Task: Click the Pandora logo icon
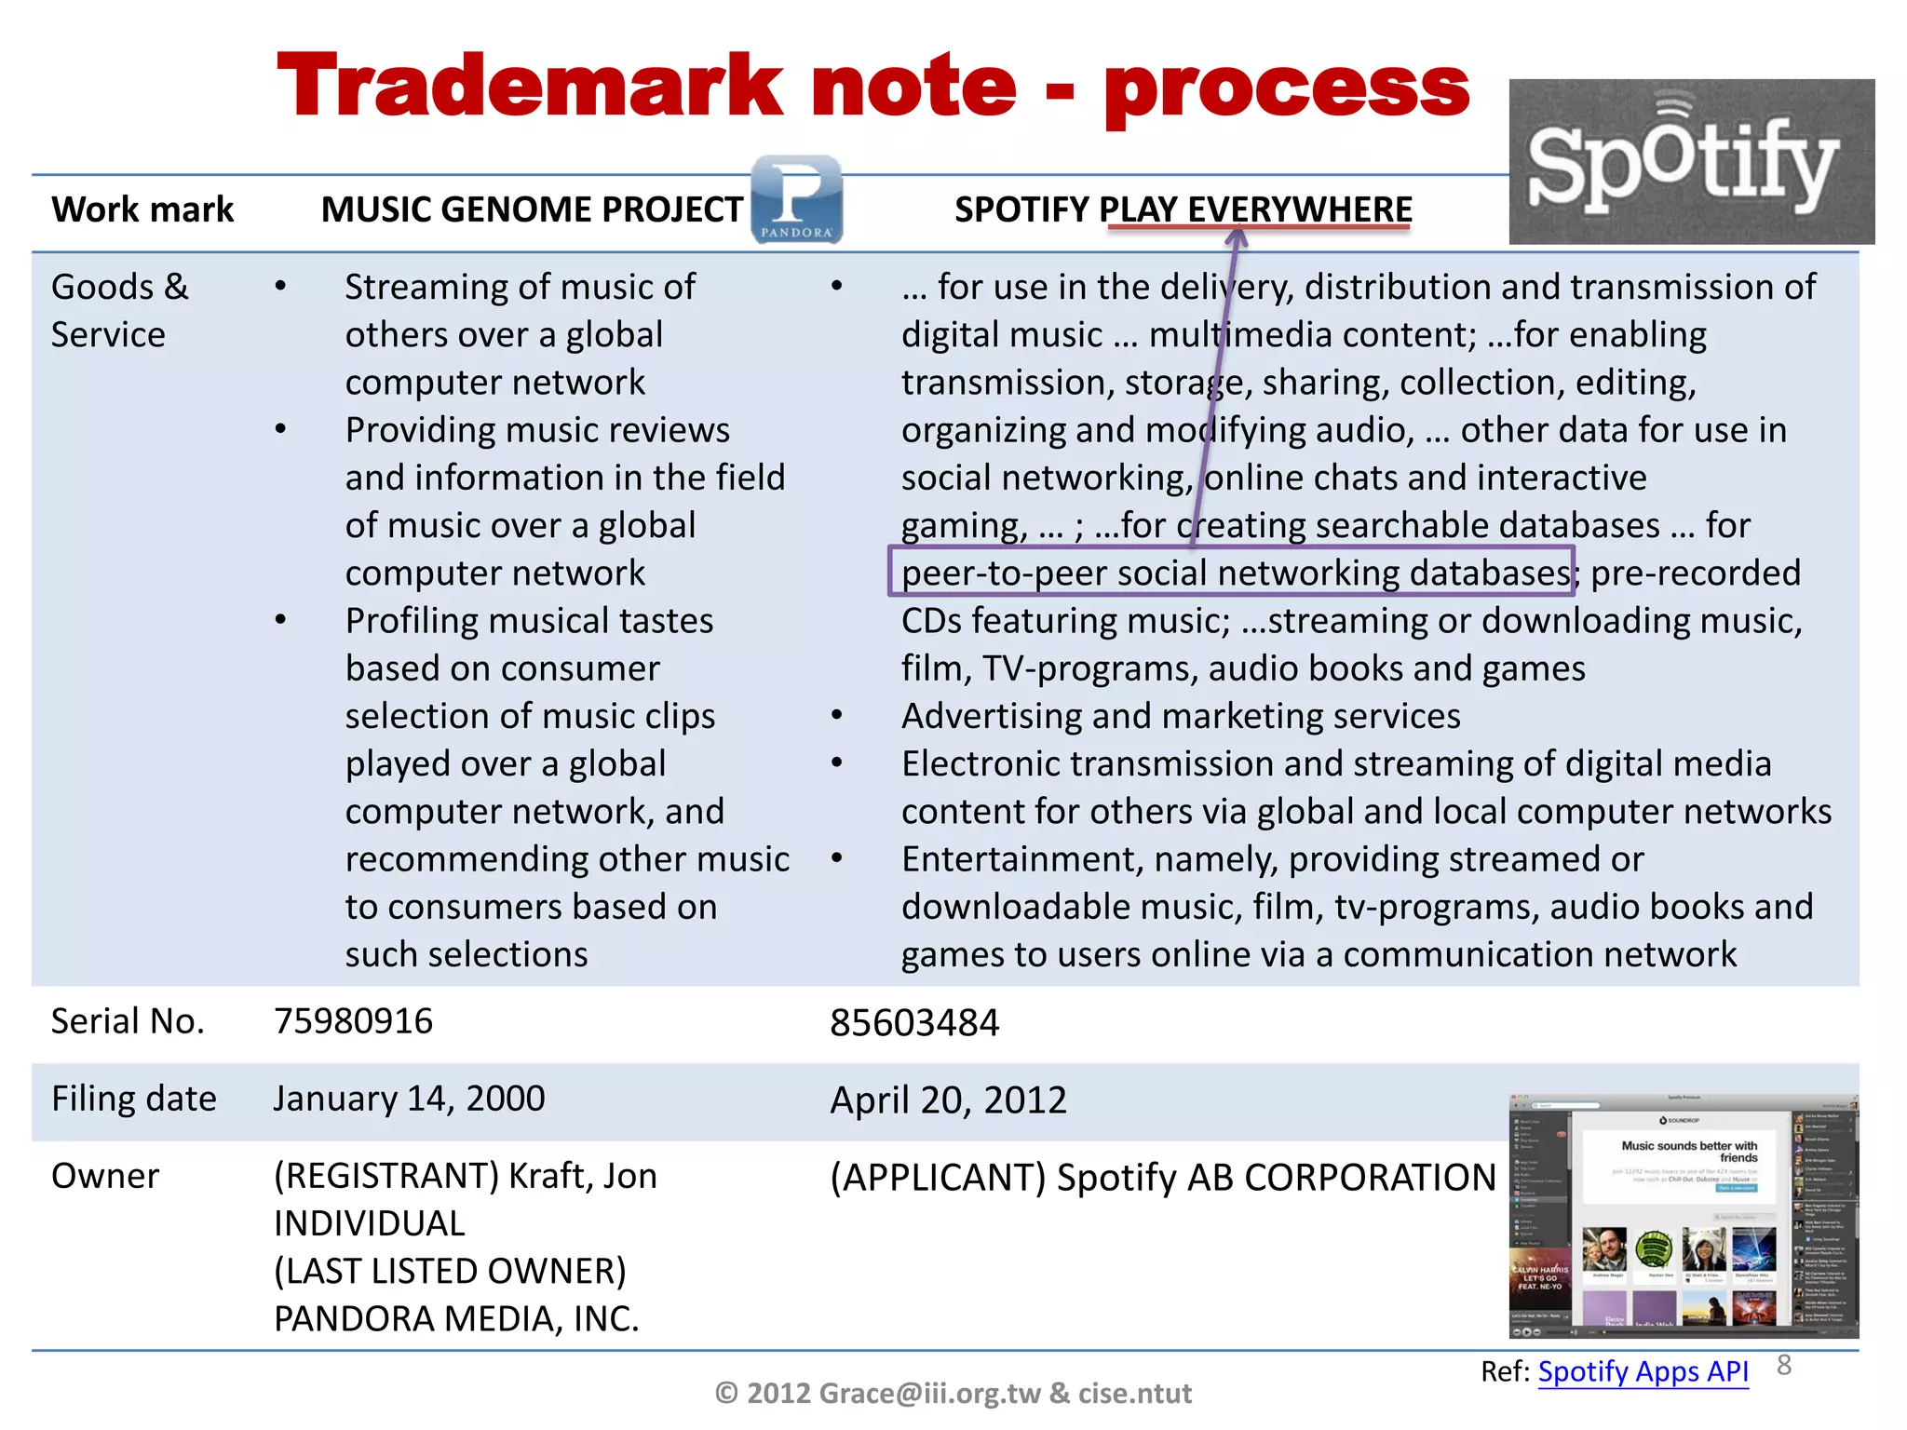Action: [x=796, y=199]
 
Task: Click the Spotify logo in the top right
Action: [x=1690, y=162]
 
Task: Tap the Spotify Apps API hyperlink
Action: [x=1643, y=1371]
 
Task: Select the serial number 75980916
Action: [x=353, y=1021]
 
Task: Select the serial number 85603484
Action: [x=913, y=1023]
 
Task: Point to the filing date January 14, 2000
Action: [x=409, y=1099]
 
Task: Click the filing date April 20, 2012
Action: [x=947, y=1100]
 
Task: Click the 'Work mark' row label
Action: [x=142, y=209]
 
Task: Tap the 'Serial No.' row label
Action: [x=128, y=1021]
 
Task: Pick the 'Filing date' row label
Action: [x=133, y=1099]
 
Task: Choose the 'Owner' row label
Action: [x=105, y=1176]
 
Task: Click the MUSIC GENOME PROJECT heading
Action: [x=532, y=209]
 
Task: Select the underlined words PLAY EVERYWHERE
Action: [x=1256, y=210]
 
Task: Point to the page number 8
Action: [x=1784, y=1365]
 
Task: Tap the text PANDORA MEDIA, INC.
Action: [x=456, y=1319]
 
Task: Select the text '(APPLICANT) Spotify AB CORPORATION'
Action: [x=1162, y=1178]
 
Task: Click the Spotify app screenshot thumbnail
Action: [x=1683, y=1216]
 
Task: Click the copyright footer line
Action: [x=953, y=1393]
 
